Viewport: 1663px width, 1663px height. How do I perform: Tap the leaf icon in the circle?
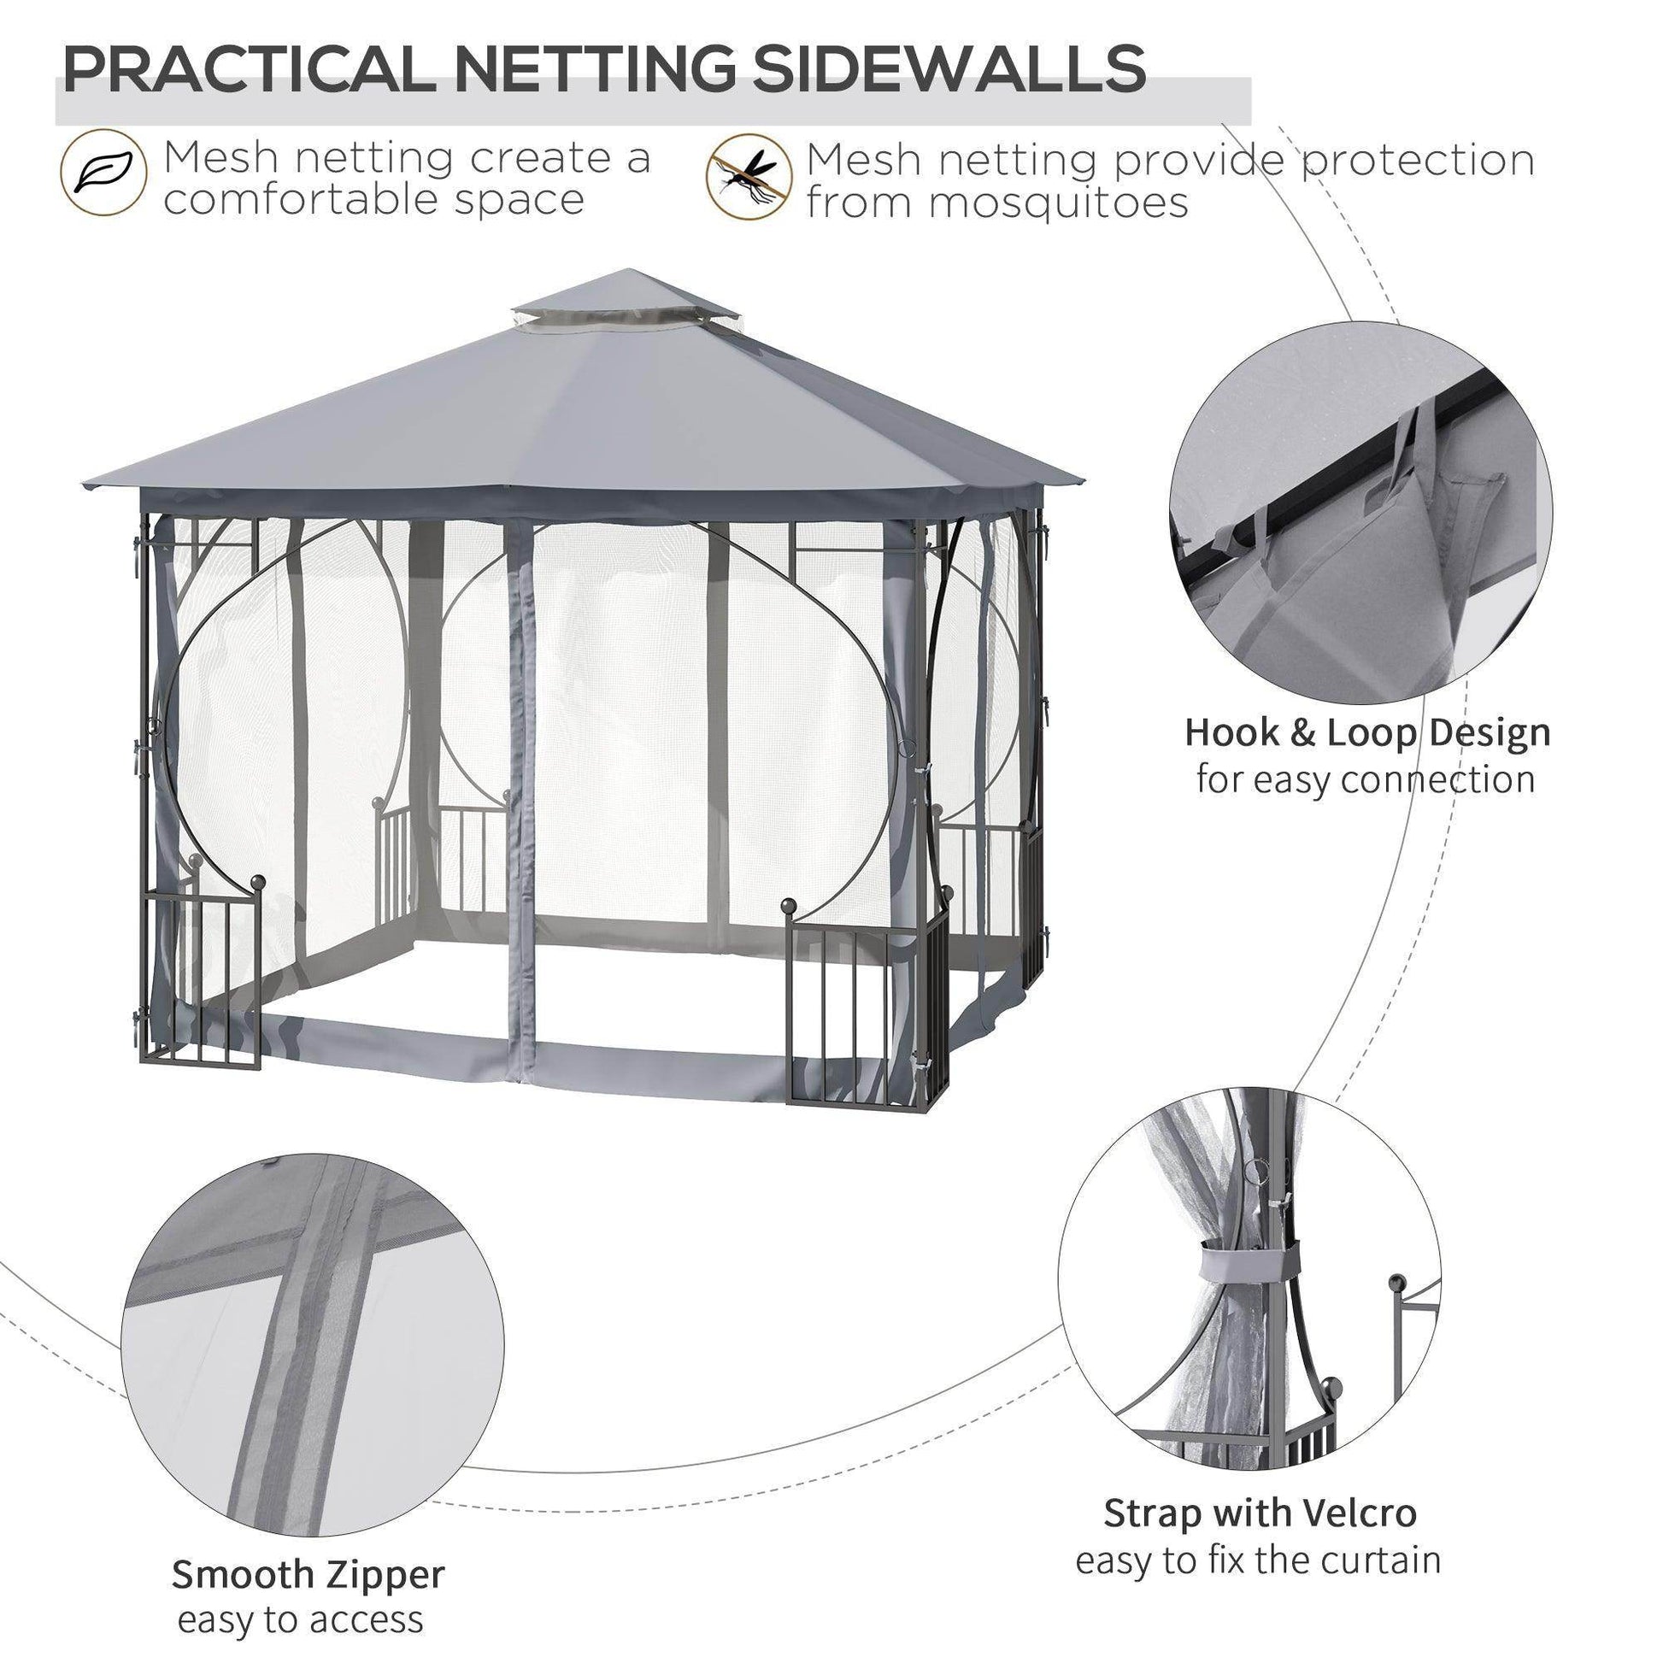[103, 172]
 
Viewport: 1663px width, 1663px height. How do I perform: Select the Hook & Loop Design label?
[1367, 732]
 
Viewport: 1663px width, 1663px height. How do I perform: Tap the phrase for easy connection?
[1366, 780]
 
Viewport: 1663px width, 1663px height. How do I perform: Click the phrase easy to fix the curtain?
[1258, 1560]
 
